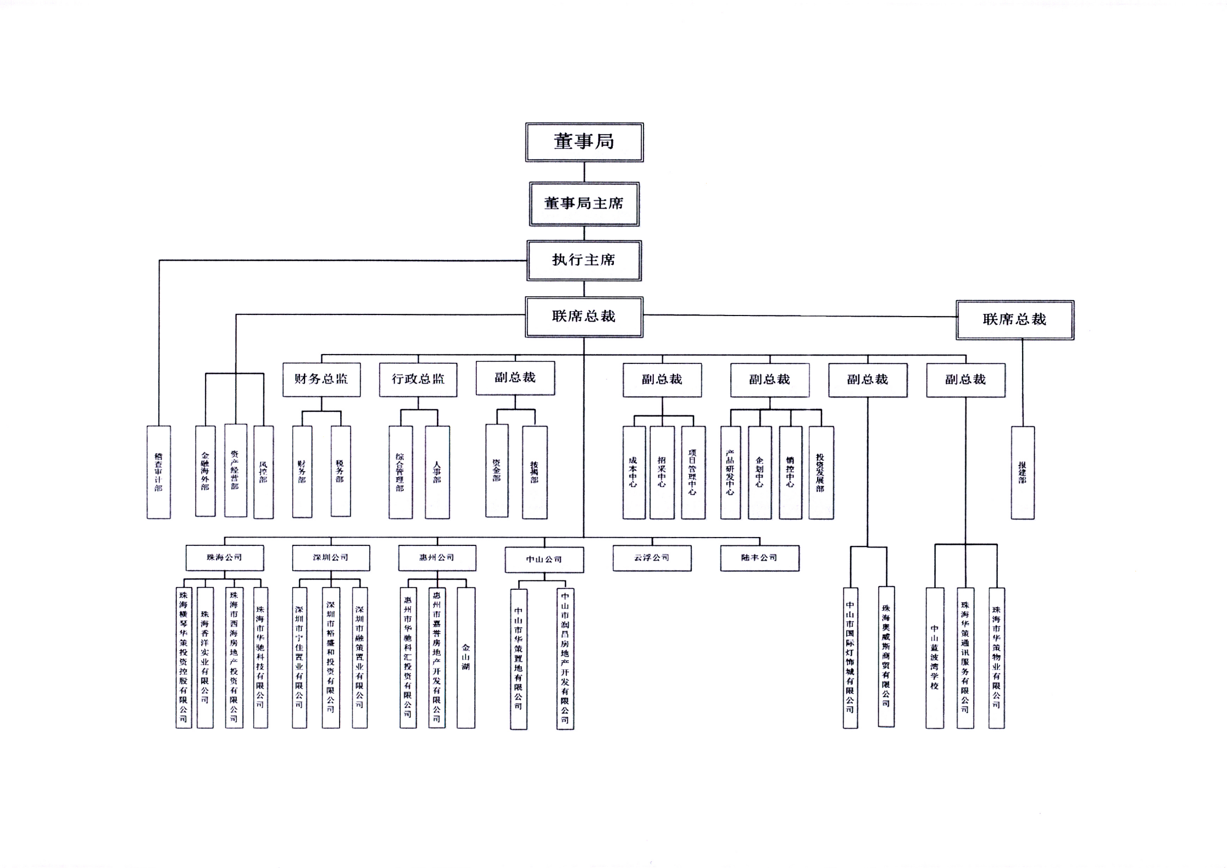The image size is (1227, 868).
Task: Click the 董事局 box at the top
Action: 584,142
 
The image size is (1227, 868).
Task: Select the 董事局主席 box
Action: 584,204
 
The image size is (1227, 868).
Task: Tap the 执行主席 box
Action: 584,261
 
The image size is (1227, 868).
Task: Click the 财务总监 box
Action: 321,379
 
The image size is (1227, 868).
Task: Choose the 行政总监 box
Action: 418,379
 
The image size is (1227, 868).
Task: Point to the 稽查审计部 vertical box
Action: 159,472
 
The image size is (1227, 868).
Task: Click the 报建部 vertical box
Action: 1023,472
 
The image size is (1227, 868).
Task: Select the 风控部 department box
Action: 263,472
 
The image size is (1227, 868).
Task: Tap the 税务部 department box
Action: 340,471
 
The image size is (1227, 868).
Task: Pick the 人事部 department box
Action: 437,472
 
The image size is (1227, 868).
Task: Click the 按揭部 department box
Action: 534,472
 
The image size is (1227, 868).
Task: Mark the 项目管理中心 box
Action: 692,472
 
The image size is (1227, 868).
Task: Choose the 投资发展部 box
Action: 820,472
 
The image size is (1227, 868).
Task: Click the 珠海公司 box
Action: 224,557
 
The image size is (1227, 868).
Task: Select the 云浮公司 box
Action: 652,557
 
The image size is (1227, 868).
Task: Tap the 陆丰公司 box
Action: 759,557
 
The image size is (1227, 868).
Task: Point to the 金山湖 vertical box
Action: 466,657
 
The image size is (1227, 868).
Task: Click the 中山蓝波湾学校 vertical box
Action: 934,657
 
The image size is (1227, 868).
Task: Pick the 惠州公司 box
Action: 437,557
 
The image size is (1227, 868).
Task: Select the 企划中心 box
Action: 759,472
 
